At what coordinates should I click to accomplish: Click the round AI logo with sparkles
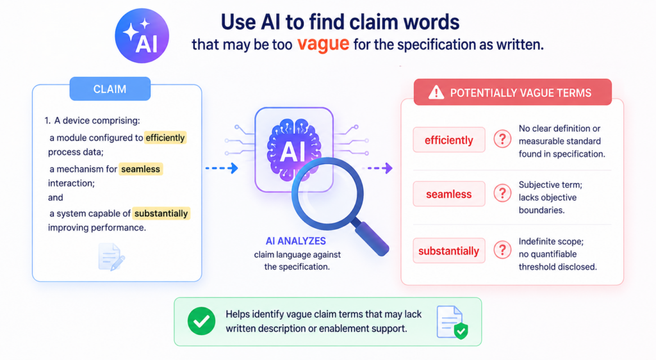click(x=142, y=35)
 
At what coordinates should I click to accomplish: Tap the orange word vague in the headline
click(x=323, y=44)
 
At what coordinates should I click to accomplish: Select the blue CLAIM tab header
click(x=110, y=88)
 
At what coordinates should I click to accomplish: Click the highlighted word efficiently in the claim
click(x=165, y=138)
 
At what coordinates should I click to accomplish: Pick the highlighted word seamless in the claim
click(x=140, y=169)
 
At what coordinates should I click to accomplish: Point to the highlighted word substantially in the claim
click(x=161, y=213)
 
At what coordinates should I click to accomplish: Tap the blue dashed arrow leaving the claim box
click(x=222, y=168)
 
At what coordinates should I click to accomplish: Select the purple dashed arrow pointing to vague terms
click(x=377, y=168)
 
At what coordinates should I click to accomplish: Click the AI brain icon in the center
click(x=294, y=149)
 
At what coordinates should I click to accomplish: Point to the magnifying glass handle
click(x=370, y=237)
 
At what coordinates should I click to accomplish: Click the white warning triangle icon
click(x=436, y=92)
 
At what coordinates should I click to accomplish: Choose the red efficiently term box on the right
click(x=449, y=140)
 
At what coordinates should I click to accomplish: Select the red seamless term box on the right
click(x=449, y=194)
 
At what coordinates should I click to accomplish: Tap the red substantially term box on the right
click(x=449, y=251)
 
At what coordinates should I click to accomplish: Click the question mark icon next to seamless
click(x=502, y=193)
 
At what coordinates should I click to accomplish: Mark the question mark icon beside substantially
click(x=502, y=250)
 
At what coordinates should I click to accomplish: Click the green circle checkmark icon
click(x=201, y=321)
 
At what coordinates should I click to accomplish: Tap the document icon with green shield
click(x=452, y=322)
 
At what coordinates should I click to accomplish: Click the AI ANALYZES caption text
click(x=296, y=241)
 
